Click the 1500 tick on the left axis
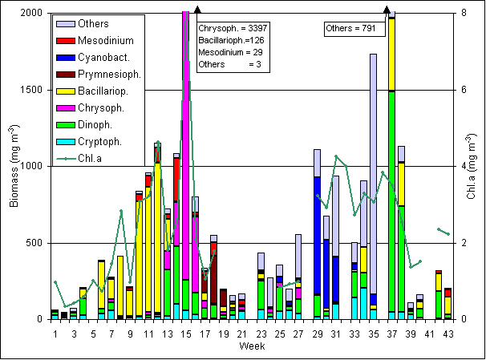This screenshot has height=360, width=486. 30,90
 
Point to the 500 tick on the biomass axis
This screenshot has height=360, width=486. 32,243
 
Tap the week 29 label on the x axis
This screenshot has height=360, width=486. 318,334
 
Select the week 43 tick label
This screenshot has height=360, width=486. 448,334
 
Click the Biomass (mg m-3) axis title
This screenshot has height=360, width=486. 14,166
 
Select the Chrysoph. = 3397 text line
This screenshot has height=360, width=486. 233,28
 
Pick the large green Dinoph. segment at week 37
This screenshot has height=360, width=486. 391,200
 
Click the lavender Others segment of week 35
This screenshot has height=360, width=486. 373,160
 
